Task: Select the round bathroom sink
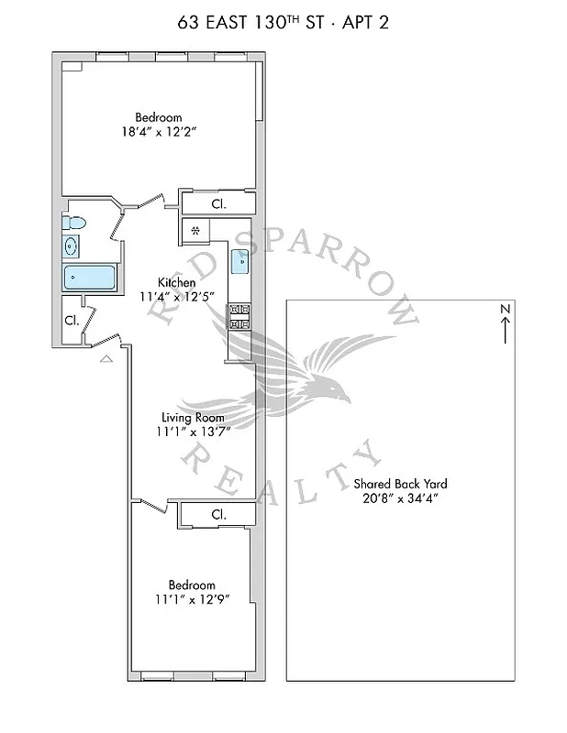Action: [x=72, y=246]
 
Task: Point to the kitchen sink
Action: [x=240, y=261]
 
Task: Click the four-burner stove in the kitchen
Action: [x=239, y=316]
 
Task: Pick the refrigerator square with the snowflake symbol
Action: [x=195, y=230]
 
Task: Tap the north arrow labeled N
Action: [x=505, y=324]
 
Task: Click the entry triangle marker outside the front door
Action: [x=106, y=360]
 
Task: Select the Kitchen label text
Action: [x=175, y=282]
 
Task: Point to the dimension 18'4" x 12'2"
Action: [x=158, y=132]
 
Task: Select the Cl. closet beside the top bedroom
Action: [x=218, y=202]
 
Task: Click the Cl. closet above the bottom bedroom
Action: [x=218, y=515]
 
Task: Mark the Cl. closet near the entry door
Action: [x=71, y=321]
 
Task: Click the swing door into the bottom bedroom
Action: [x=150, y=505]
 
